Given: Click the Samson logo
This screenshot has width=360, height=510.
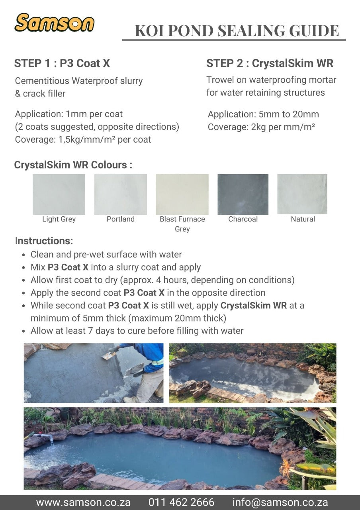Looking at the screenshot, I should [54, 23].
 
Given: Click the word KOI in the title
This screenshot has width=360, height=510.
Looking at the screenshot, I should [150, 31].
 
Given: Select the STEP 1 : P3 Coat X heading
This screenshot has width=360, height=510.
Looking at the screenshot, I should [62, 63].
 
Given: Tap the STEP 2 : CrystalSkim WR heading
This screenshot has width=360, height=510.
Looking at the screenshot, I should [270, 63].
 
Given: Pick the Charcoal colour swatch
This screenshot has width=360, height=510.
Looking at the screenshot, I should [243, 194].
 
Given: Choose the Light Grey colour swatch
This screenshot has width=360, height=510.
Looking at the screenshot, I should [59, 194].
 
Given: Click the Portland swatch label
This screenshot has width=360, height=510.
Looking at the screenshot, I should [120, 219].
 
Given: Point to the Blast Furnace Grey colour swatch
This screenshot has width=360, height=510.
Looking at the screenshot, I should [182, 194].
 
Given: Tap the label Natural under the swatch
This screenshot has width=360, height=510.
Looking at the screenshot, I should [303, 219].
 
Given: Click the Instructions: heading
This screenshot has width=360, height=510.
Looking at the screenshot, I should [44, 241].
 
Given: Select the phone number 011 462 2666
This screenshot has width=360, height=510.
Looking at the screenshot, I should [181, 502].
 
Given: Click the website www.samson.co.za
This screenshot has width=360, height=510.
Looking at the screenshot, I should [83, 502].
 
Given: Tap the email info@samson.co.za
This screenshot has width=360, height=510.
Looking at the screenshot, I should [280, 502].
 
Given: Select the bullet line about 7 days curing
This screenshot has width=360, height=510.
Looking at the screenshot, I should [137, 331].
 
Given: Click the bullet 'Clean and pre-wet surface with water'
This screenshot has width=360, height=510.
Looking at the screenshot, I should [106, 255].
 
